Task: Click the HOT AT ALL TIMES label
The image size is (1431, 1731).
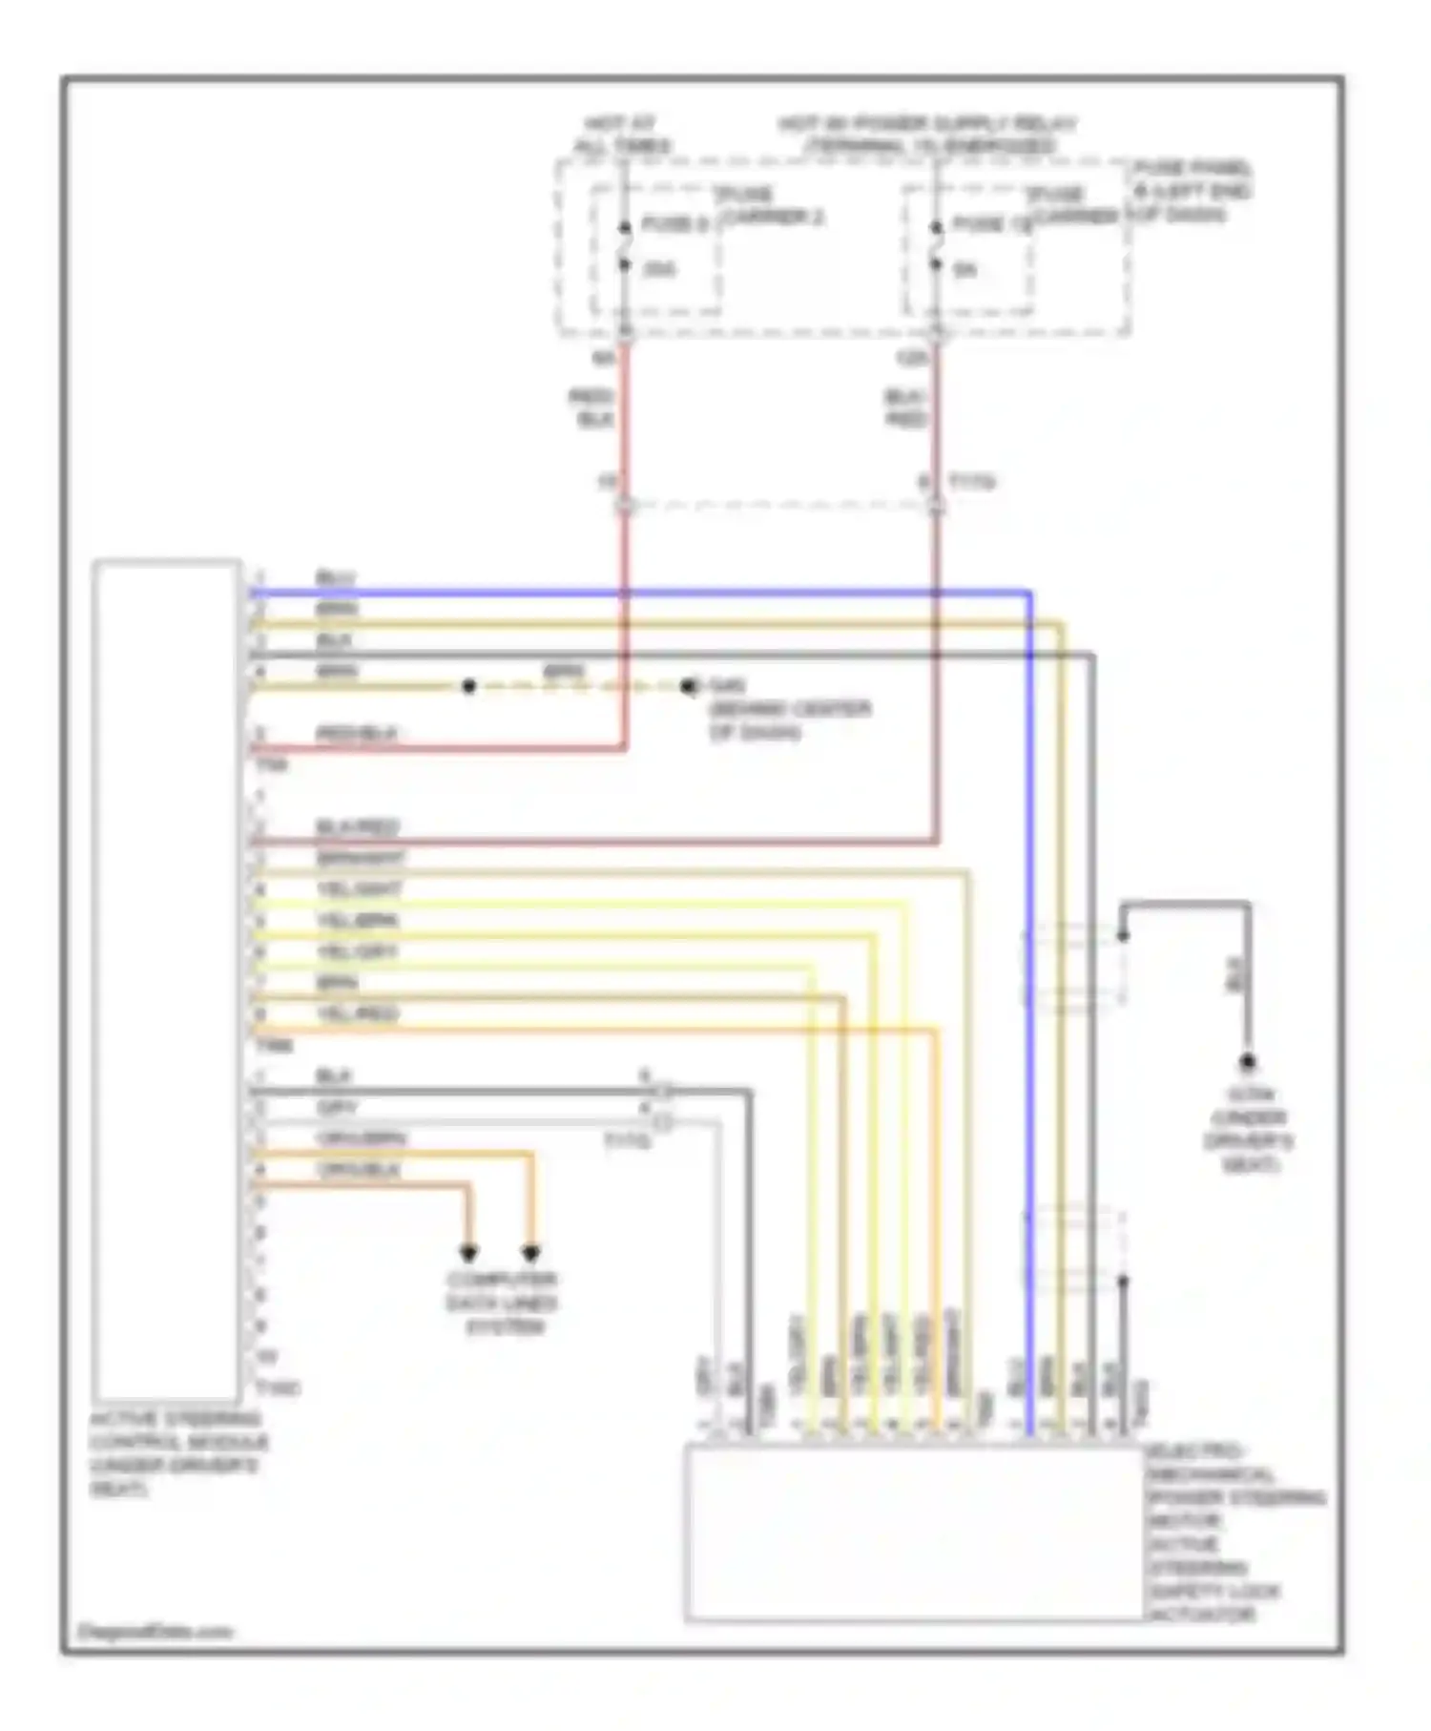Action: [x=621, y=135]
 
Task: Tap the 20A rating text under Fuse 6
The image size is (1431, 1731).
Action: [x=659, y=270]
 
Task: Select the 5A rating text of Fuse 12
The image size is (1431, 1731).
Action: [x=964, y=270]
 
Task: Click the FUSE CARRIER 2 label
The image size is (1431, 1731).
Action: [x=771, y=206]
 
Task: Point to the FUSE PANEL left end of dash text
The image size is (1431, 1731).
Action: [x=1192, y=191]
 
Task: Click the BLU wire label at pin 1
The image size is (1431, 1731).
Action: [x=335, y=578]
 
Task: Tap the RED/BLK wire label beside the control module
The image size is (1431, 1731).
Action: [x=356, y=734]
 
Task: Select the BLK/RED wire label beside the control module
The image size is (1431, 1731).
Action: [x=357, y=827]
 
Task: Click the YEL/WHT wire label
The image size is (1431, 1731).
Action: [x=359, y=889]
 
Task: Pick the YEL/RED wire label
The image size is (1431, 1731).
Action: [x=357, y=1013]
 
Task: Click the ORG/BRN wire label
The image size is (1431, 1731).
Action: [x=361, y=1138]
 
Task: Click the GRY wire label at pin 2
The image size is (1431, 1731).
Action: [x=336, y=1108]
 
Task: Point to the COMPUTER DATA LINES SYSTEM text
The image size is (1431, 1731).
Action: [x=503, y=1303]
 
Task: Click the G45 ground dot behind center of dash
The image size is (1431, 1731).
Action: [x=690, y=686]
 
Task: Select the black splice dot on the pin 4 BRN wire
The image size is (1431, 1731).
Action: [x=468, y=686]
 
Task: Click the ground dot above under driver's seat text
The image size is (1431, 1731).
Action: [x=1247, y=1062]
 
